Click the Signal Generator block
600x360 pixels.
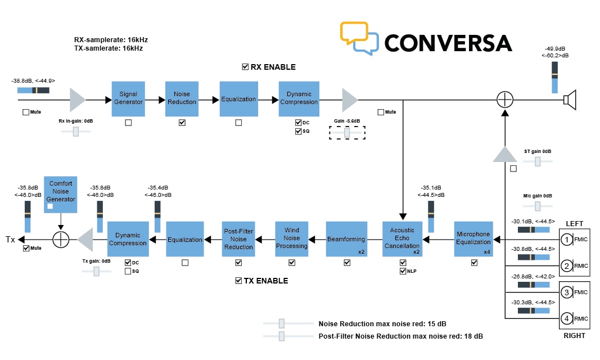point(128,98)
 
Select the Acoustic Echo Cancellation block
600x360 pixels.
point(402,238)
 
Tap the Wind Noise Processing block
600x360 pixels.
point(291,238)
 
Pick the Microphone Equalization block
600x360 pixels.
point(473,238)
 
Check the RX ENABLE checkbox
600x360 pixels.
point(245,67)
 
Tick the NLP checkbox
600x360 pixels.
point(403,271)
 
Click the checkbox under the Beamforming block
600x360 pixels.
point(346,263)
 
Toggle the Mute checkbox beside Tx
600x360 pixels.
point(26,248)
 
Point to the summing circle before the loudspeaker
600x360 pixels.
point(505,100)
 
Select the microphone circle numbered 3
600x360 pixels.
point(567,292)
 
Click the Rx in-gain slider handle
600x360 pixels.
point(76,132)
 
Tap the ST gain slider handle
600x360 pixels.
point(538,161)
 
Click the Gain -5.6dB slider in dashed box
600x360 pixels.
point(347,133)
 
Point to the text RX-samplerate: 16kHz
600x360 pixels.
point(111,40)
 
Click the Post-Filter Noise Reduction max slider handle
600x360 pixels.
point(282,336)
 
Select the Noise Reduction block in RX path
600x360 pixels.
point(182,98)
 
